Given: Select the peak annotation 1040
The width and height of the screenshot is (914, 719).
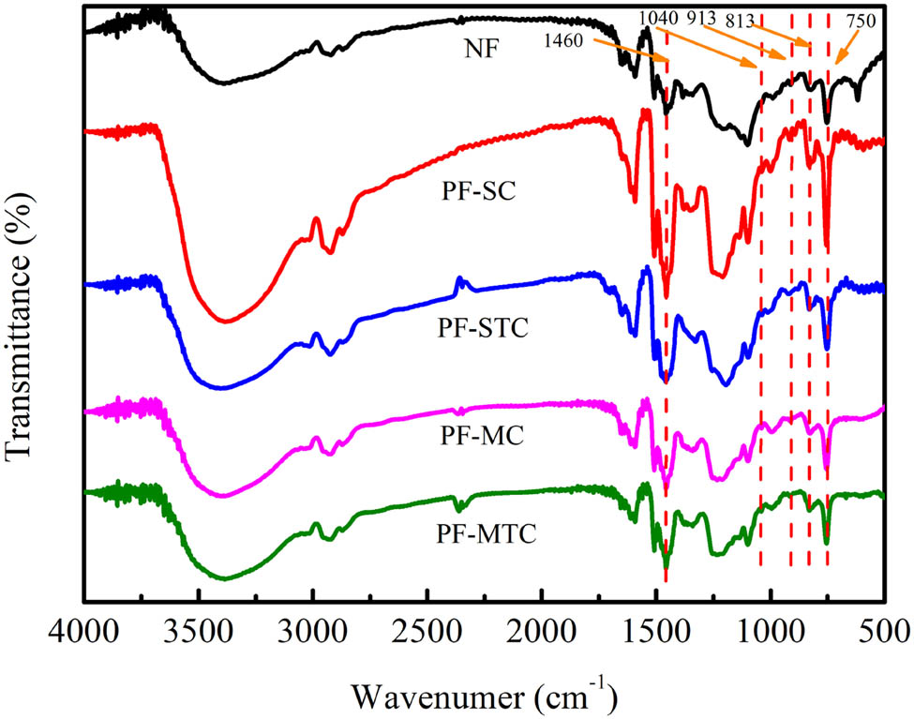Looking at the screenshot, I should (x=659, y=18).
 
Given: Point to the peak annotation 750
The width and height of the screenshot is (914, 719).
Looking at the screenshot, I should (x=859, y=22).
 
